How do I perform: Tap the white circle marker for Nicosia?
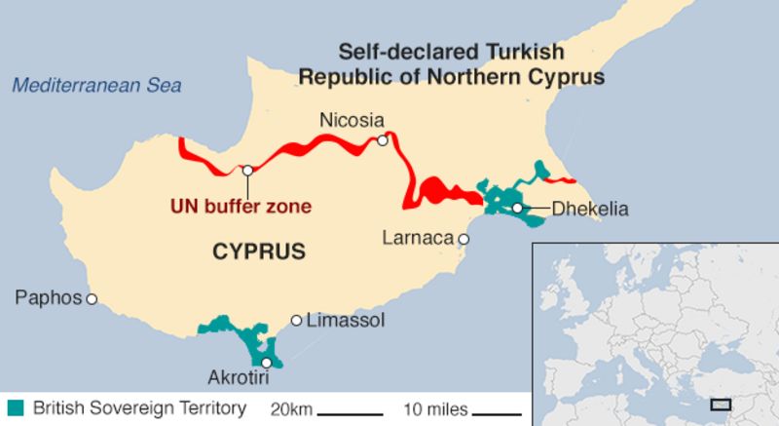coord(383,141)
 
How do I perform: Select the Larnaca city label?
coord(418,238)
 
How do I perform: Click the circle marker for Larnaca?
coord(464,239)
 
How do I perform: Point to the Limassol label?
coord(346,321)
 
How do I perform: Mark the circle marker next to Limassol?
coord(297,320)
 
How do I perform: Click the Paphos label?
coord(48,298)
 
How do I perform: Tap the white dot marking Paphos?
coord(92,299)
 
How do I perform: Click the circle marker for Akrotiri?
coord(267,363)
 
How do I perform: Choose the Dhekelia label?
coord(590,209)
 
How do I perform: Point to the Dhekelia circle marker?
coord(517,208)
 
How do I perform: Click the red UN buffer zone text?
coord(241,207)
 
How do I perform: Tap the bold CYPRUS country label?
coord(258,252)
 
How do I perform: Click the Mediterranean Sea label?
coord(96,86)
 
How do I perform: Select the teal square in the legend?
coord(15,407)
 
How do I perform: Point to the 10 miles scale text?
coord(436,408)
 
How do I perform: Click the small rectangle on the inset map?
coord(721,404)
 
